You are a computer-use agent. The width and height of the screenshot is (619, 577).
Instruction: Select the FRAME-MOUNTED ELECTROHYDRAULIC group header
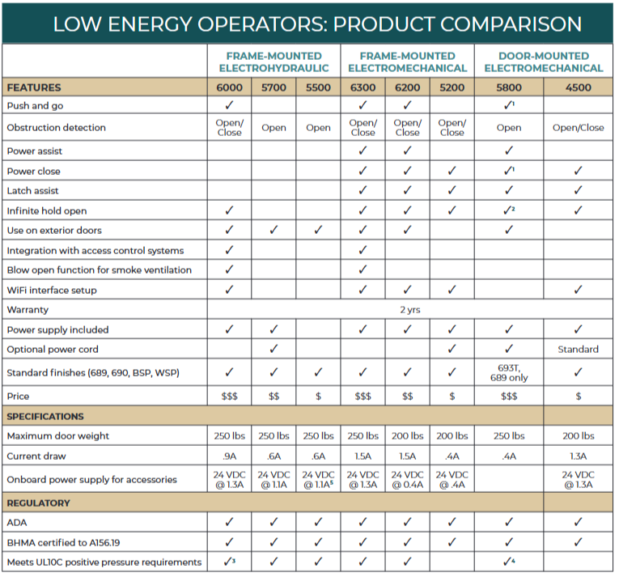click(x=273, y=62)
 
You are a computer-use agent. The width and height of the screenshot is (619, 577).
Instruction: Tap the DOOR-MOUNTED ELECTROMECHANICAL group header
click(x=544, y=62)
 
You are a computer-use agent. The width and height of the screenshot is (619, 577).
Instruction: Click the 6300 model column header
click(x=362, y=87)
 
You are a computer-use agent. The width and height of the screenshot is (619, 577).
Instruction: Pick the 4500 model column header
click(x=579, y=87)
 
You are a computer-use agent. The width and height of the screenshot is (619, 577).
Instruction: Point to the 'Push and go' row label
click(x=36, y=105)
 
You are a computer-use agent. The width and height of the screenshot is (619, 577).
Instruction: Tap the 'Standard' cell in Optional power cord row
click(x=579, y=350)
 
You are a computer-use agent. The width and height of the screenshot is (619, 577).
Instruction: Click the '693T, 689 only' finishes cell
click(x=509, y=373)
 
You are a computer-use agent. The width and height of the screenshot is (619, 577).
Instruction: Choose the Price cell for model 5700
click(x=273, y=397)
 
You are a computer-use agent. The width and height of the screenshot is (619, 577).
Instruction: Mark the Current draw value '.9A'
click(x=230, y=456)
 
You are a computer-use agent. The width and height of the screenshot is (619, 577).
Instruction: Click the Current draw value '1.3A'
click(x=579, y=456)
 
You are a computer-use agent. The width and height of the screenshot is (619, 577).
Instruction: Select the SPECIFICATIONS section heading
click(x=45, y=417)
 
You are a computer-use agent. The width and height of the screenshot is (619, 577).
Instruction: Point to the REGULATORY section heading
click(x=38, y=503)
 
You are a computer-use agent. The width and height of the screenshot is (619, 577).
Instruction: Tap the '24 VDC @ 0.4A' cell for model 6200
click(x=407, y=479)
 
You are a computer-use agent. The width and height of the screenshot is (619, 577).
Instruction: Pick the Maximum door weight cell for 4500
click(x=579, y=436)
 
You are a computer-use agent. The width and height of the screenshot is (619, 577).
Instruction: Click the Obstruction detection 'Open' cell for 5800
click(x=509, y=128)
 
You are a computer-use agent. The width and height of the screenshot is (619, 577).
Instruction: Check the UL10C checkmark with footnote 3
click(x=230, y=562)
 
